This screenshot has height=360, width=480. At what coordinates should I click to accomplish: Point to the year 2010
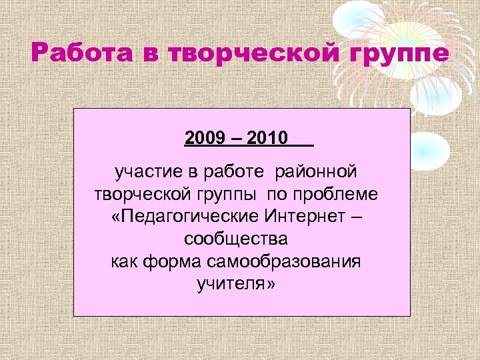[x=267, y=139]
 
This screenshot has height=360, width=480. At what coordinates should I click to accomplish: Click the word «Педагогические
[x=185, y=217]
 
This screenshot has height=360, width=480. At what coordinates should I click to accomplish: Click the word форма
[x=171, y=261]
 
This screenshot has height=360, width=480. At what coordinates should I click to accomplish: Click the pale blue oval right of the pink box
[x=429, y=151]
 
